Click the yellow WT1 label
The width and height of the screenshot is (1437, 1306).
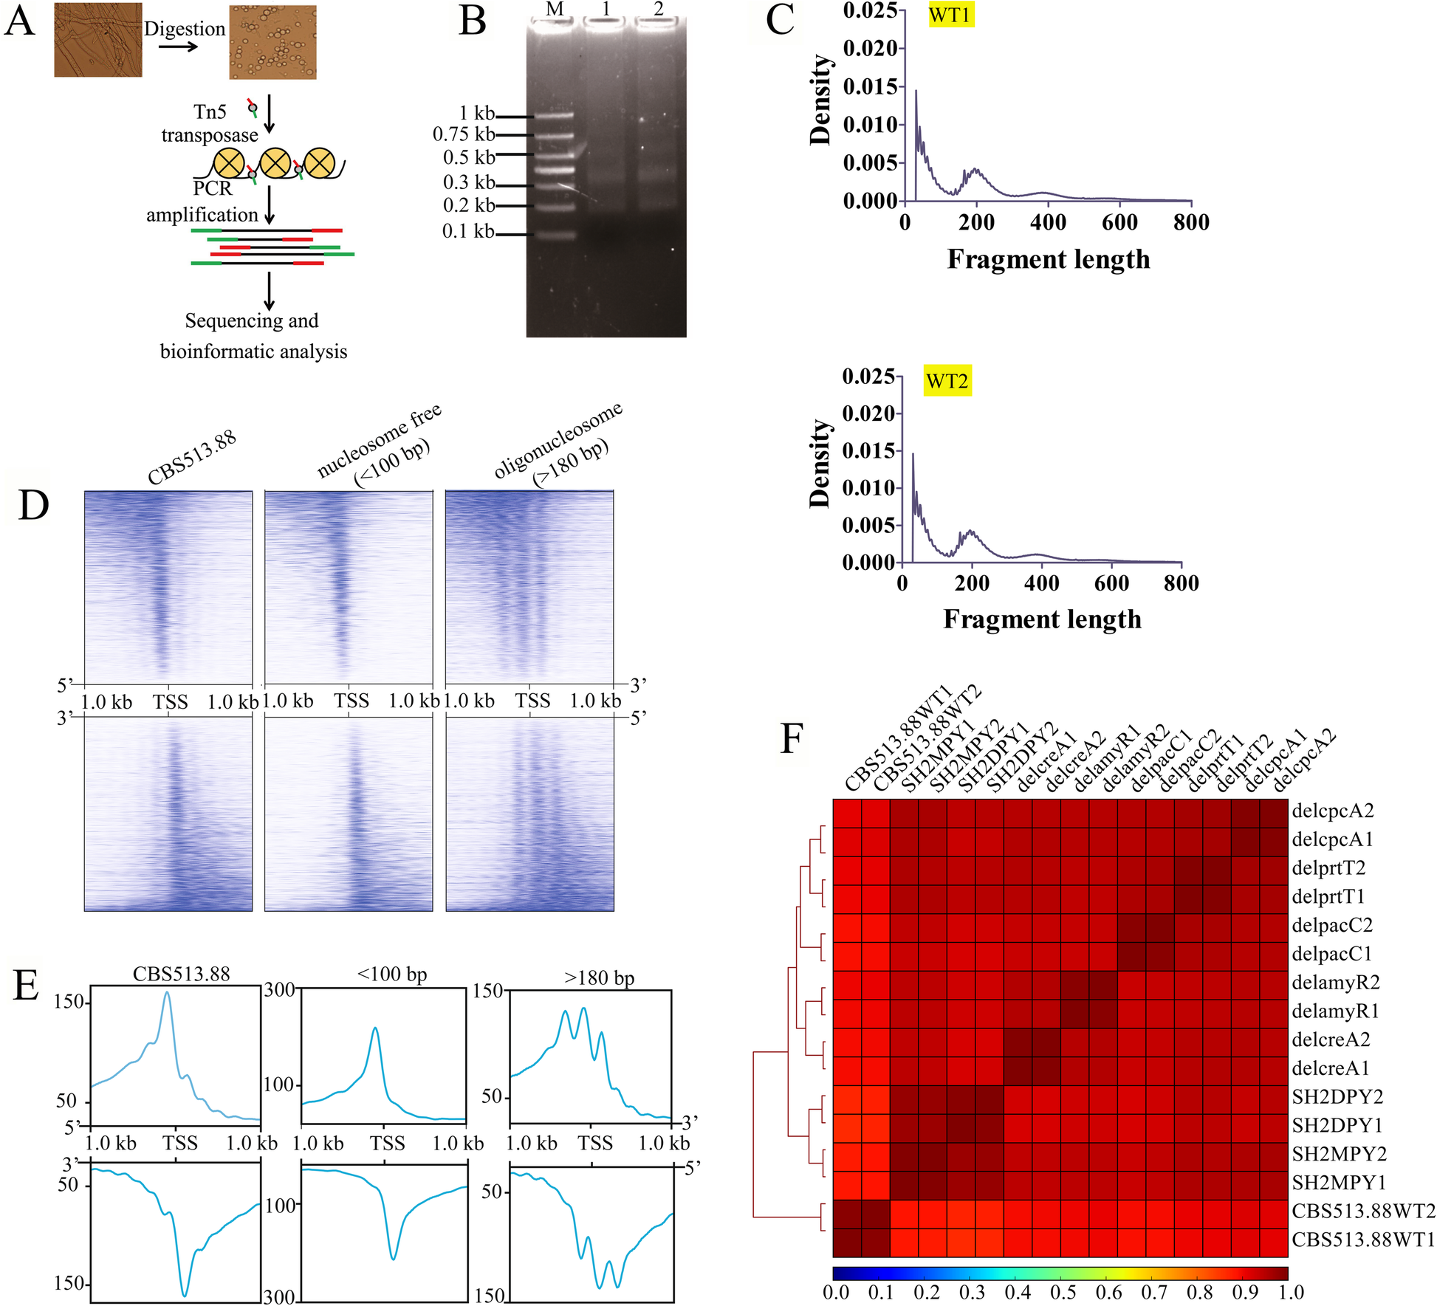tap(950, 15)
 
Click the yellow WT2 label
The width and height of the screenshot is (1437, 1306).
tap(947, 381)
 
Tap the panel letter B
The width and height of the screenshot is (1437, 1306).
tap(473, 21)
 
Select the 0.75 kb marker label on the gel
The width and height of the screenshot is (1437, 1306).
tap(464, 134)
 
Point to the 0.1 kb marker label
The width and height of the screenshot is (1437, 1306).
tap(468, 232)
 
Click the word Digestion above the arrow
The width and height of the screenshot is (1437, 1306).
tap(185, 29)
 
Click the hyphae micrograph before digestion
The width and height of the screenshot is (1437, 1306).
tap(97, 40)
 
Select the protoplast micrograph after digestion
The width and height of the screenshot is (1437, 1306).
tap(273, 42)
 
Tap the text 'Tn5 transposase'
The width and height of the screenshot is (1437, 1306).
tap(210, 124)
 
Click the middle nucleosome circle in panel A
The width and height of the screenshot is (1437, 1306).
tap(275, 163)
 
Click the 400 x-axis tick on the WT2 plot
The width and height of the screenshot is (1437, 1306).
tap(1041, 583)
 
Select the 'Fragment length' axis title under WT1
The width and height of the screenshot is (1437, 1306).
tap(1049, 259)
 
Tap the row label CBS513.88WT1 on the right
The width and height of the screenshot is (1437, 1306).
tap(1362, 1240)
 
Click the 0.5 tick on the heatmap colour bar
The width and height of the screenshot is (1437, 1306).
tap(1063, 1293)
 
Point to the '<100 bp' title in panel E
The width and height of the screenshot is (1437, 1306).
tap(391, 975)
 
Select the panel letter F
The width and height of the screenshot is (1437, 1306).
tap(792, 738)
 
